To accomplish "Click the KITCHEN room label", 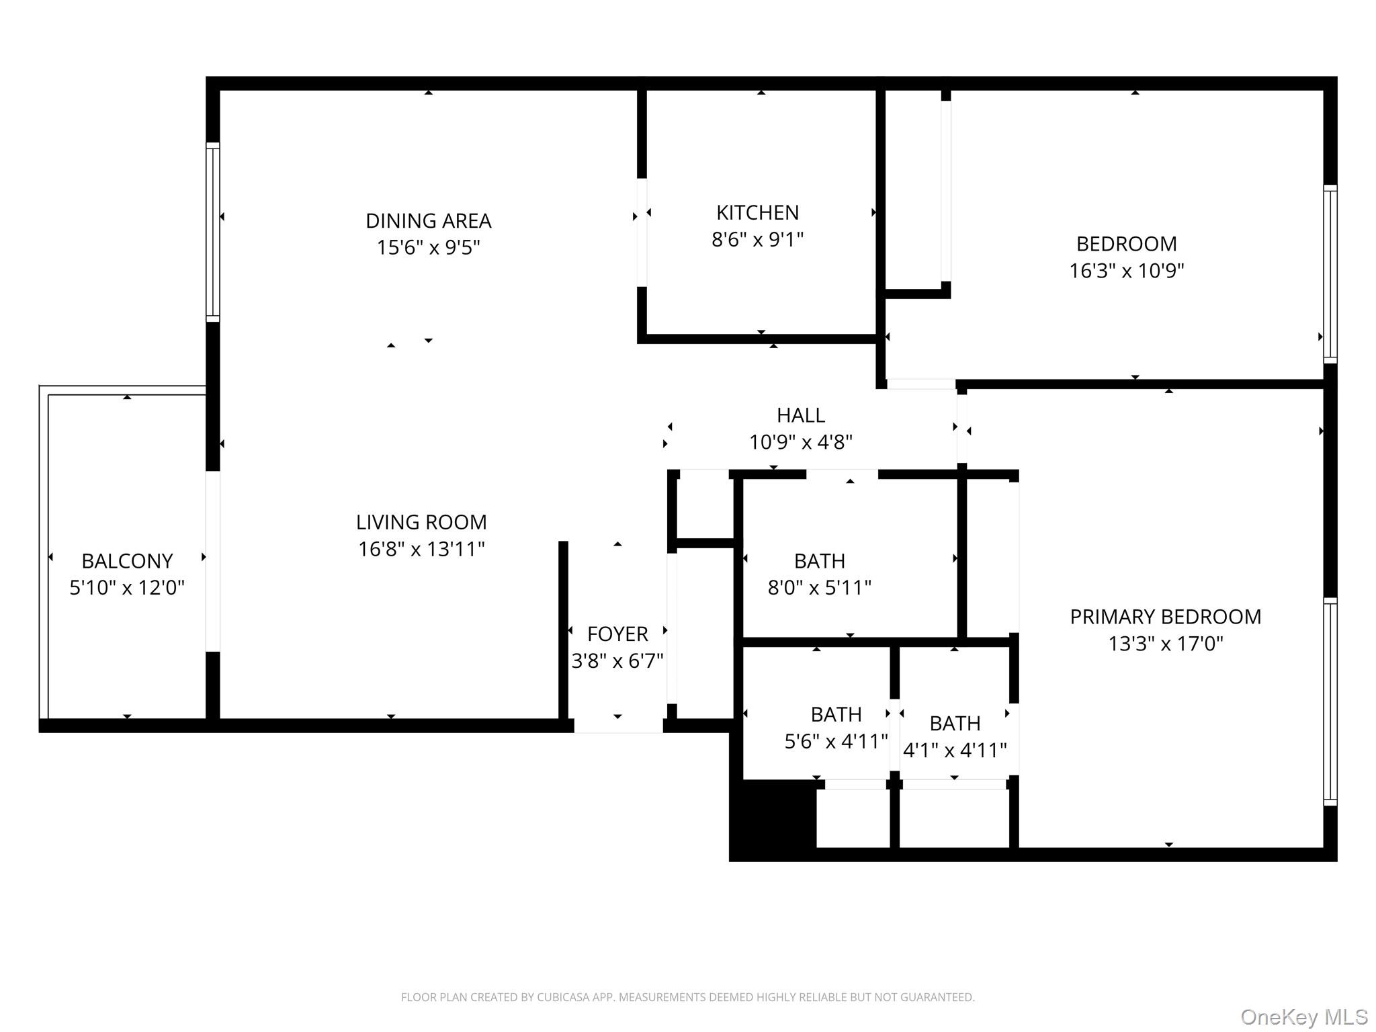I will [757, 212].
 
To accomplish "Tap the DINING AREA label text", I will [428, 220].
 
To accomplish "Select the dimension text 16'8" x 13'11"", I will [421, 549].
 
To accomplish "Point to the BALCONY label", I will [127, 560].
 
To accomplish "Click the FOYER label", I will [617, 634].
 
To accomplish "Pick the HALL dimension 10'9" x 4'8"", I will [801, 442].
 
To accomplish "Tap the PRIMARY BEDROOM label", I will [1165, 616].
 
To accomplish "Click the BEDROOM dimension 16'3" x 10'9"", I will [1126, 271].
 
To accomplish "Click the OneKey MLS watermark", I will [1303, 1017].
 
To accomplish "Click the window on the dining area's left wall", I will [212, 232].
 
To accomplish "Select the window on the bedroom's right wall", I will [1330, 273].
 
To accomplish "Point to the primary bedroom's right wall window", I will [1330, 701].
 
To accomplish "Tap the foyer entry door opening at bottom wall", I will [618, 726].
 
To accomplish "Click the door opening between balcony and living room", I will [212, 561].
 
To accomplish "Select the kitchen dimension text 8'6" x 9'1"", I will [757, 239].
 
